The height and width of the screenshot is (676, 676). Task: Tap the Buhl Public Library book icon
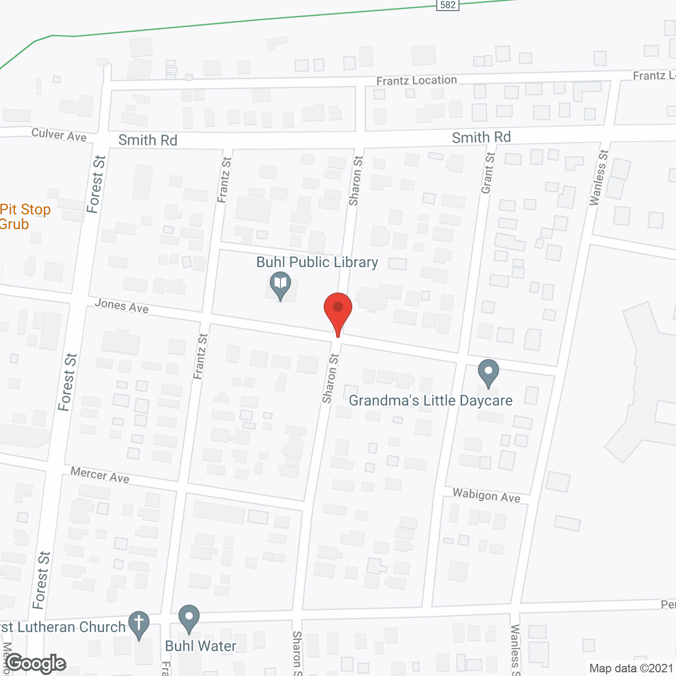pos(280,284)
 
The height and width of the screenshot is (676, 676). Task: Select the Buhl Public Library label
pos(317,262)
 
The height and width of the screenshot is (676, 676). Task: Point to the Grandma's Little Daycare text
pos(430,400)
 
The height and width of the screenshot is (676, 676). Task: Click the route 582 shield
pos(447,5)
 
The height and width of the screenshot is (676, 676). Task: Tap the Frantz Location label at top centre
pos(416,80)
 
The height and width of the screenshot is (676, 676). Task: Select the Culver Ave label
pos(59,135)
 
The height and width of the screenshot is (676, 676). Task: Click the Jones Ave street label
pos(121,305)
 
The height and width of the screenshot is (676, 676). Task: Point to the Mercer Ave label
pos(100,475)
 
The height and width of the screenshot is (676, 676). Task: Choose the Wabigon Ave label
pos(486,495)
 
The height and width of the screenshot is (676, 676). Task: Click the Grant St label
pos(488,173)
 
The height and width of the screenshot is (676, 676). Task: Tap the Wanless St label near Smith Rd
pos(599,177)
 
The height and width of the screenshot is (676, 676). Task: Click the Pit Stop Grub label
pos(25,217)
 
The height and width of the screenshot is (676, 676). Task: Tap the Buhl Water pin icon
pos(189,618)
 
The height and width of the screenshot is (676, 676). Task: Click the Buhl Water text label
pos(201,646)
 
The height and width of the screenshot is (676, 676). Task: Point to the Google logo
pos(36,663)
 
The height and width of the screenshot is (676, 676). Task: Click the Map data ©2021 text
pos(631,668)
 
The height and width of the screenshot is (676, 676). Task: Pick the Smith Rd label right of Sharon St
pos(481,137)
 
